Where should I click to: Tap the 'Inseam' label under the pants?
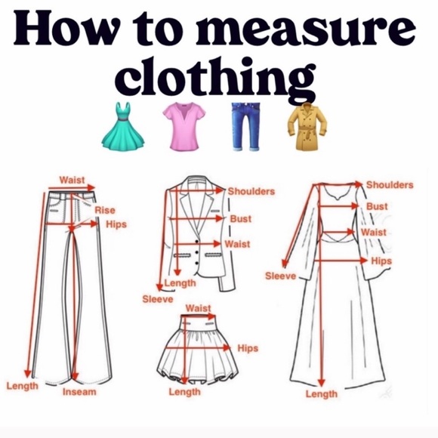79,392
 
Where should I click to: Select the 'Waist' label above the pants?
72,180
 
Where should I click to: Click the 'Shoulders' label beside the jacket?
251,192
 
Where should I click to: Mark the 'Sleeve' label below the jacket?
157,299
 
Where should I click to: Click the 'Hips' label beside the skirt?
248,348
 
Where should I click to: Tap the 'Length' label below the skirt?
184,392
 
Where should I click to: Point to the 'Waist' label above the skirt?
198,308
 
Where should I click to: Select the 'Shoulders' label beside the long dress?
390,185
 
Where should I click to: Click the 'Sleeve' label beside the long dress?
280,276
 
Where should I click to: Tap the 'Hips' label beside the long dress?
381,261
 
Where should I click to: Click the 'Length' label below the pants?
23,386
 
